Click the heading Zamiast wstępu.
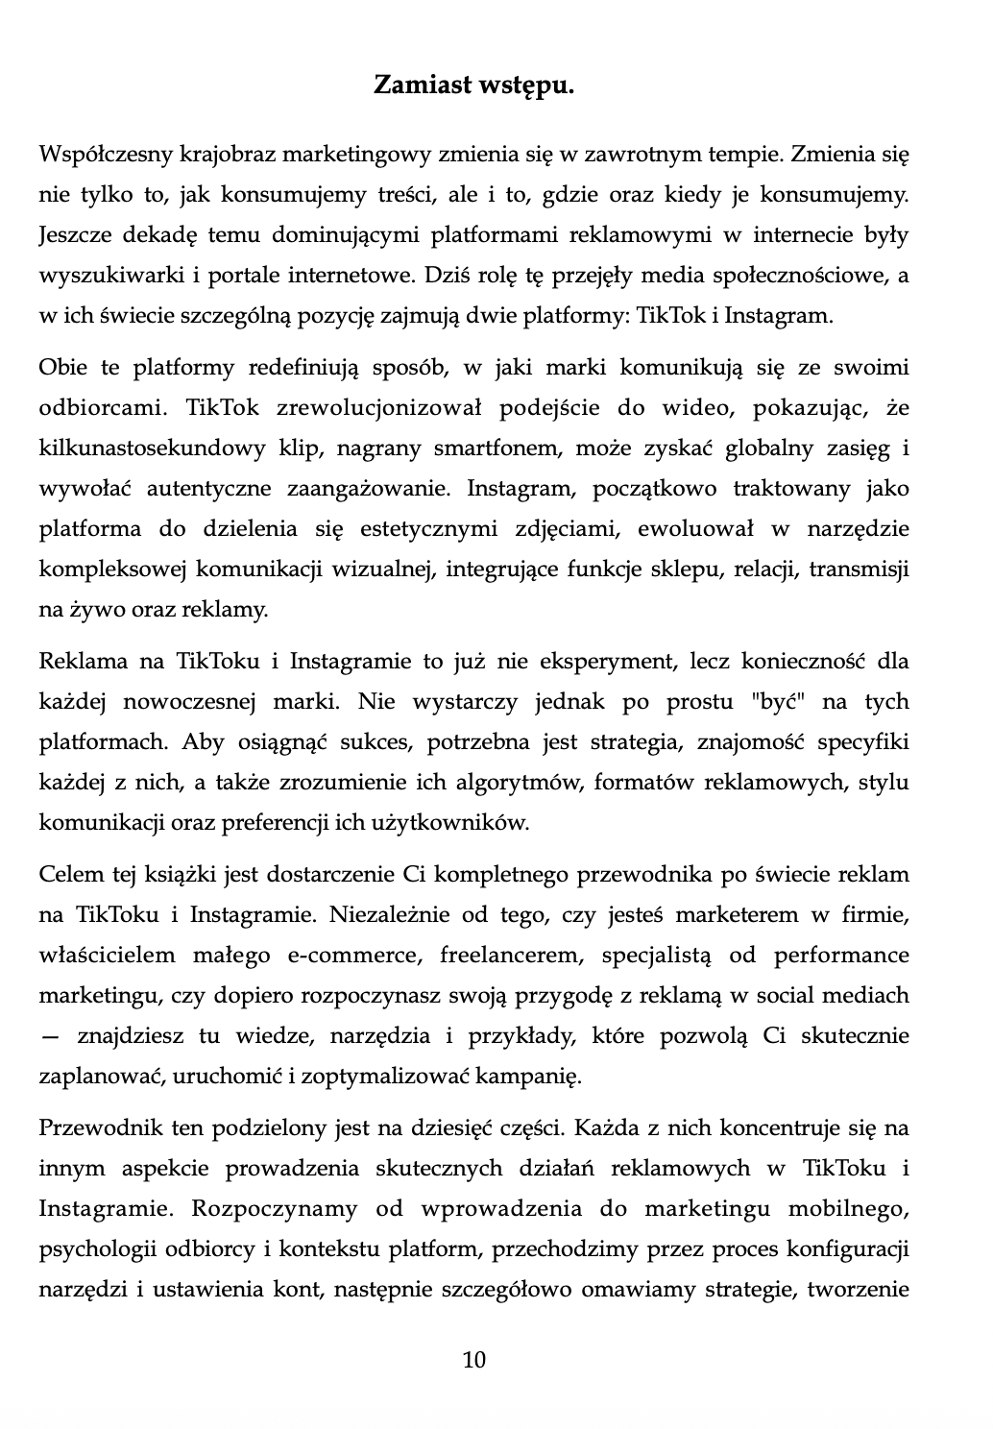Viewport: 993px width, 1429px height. pyautogui.click(x=473, y=86)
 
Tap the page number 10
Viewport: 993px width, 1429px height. pyautogui.click(x=474, y=1360)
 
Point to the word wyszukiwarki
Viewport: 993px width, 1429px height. pyautogui.click(x=96, y=276)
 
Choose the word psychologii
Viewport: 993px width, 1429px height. pyautogui.click(x=90, y=1249)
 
